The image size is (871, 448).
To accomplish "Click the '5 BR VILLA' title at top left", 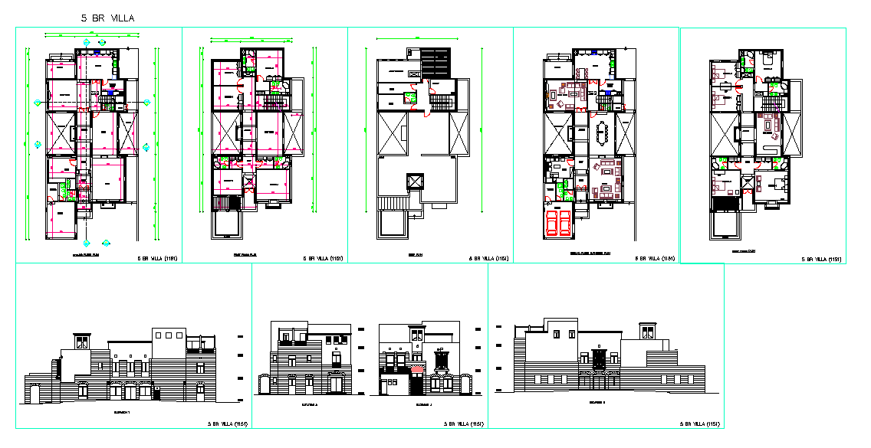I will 110,18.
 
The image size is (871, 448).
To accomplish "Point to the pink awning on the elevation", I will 417,370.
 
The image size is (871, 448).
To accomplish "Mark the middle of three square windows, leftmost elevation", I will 169,334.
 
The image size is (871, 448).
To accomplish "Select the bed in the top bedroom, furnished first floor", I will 767,58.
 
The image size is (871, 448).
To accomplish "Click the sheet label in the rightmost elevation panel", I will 699,423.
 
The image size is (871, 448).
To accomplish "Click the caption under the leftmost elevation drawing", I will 123,412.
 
